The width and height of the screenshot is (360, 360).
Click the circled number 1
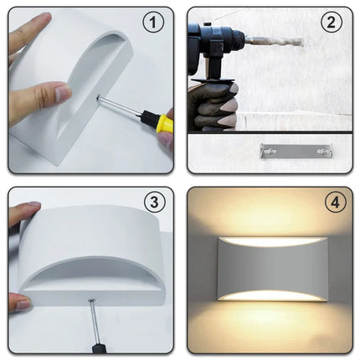point(152,23)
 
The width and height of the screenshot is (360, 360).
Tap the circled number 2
point(331,23)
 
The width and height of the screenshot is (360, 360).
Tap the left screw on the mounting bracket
point(267,151)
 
